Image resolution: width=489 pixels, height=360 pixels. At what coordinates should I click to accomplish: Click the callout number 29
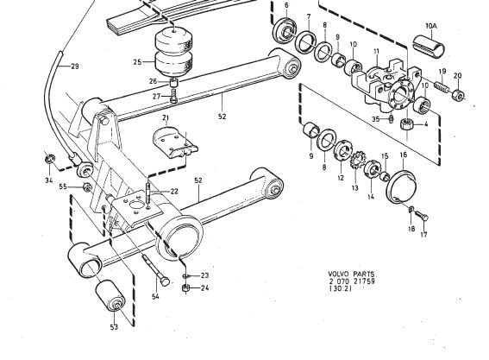coord(75,66)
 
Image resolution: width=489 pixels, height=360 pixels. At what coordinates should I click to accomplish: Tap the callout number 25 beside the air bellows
coord(137,62)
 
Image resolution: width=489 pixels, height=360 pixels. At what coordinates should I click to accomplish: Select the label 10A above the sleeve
coord(431,26)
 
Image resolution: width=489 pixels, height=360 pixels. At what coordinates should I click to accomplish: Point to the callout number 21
coord(166,117)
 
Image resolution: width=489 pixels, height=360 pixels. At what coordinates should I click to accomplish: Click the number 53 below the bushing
coord(114,327)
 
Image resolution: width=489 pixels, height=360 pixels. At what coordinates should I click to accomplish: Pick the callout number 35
coord(376,119)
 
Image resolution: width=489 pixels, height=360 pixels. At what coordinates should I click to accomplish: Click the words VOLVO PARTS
coord(353,275)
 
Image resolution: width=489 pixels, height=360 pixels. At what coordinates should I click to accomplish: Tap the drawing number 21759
coord(364,281)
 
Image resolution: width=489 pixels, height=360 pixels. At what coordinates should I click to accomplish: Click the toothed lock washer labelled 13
coord(355,160)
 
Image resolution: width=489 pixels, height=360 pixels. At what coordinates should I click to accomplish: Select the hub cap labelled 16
coord(402,187)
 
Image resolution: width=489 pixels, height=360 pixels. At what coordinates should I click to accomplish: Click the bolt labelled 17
coord(421,216)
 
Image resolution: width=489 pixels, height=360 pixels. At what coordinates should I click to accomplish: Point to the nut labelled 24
coord(185,287)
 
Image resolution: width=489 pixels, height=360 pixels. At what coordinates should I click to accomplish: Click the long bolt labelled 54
coord(155,268)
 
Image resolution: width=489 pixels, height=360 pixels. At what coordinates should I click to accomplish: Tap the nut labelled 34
coord(49,159)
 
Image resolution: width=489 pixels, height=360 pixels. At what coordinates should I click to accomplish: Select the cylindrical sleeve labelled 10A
coord(429,47)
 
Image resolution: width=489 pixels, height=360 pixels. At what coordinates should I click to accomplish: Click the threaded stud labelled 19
coord(442,85)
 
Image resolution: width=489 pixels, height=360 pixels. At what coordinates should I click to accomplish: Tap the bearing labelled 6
coord(285,30)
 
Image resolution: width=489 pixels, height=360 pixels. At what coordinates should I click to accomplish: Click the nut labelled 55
coord(87,187)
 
